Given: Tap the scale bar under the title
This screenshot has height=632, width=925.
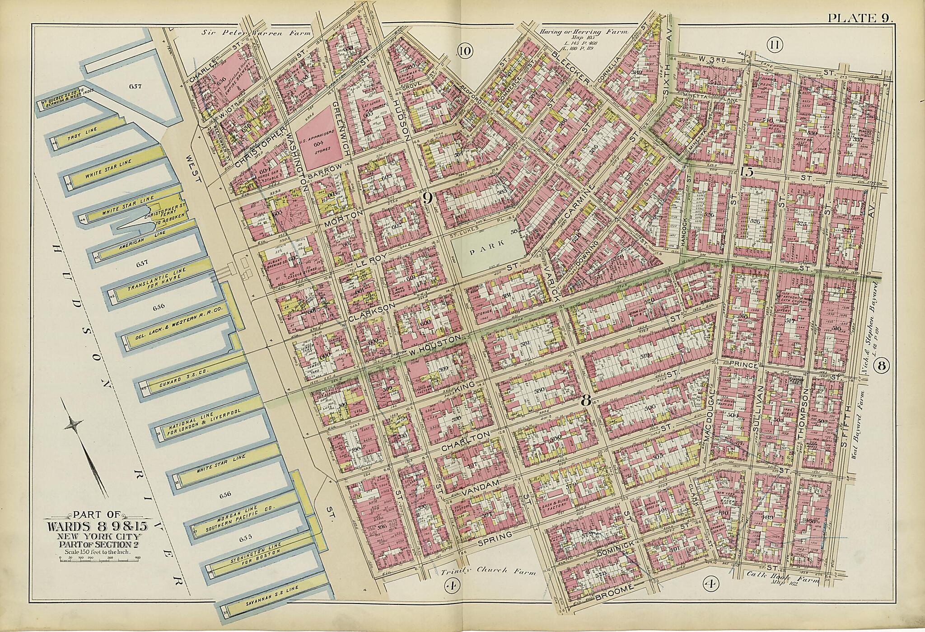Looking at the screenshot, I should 98,560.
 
